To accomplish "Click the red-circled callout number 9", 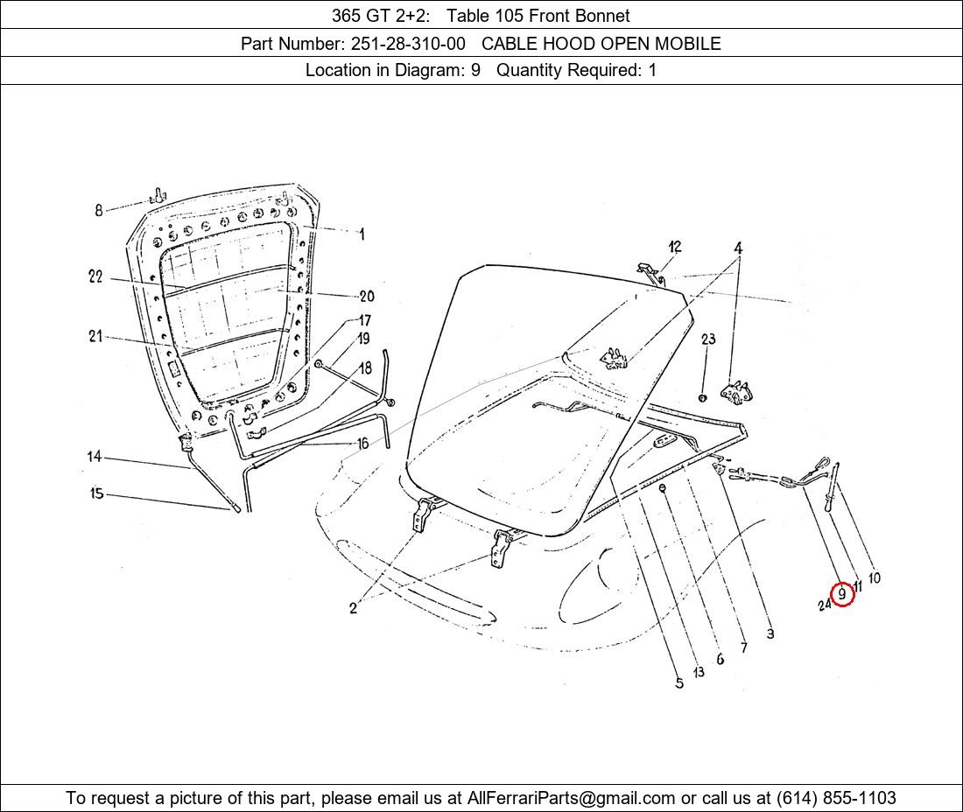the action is [x=842, y=594].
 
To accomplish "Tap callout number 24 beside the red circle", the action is [x=825, y=605].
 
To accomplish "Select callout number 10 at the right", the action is [x=874, y=577].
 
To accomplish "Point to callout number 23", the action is [x=708, y=339].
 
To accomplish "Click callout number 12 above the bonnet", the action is [x=675, y=247].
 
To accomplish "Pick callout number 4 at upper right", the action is [x=738, y=248].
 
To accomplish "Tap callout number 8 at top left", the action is [x=99, y=211].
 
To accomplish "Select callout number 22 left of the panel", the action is [x=95, y=276].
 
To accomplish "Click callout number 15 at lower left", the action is [x=97, y=493].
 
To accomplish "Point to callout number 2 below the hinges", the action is [x=353, y=607].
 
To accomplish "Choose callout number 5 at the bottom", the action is [x=679, y=683].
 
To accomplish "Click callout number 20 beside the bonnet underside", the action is [x=367, y=297].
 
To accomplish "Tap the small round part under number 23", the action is [x=703, y=398].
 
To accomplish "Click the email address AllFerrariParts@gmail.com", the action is [x=571, y=798].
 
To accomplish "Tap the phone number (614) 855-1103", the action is [x=836, y=798].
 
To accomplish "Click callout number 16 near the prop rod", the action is [x=363, y=443].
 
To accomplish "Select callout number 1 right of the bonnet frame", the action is [x=362, y=234].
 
